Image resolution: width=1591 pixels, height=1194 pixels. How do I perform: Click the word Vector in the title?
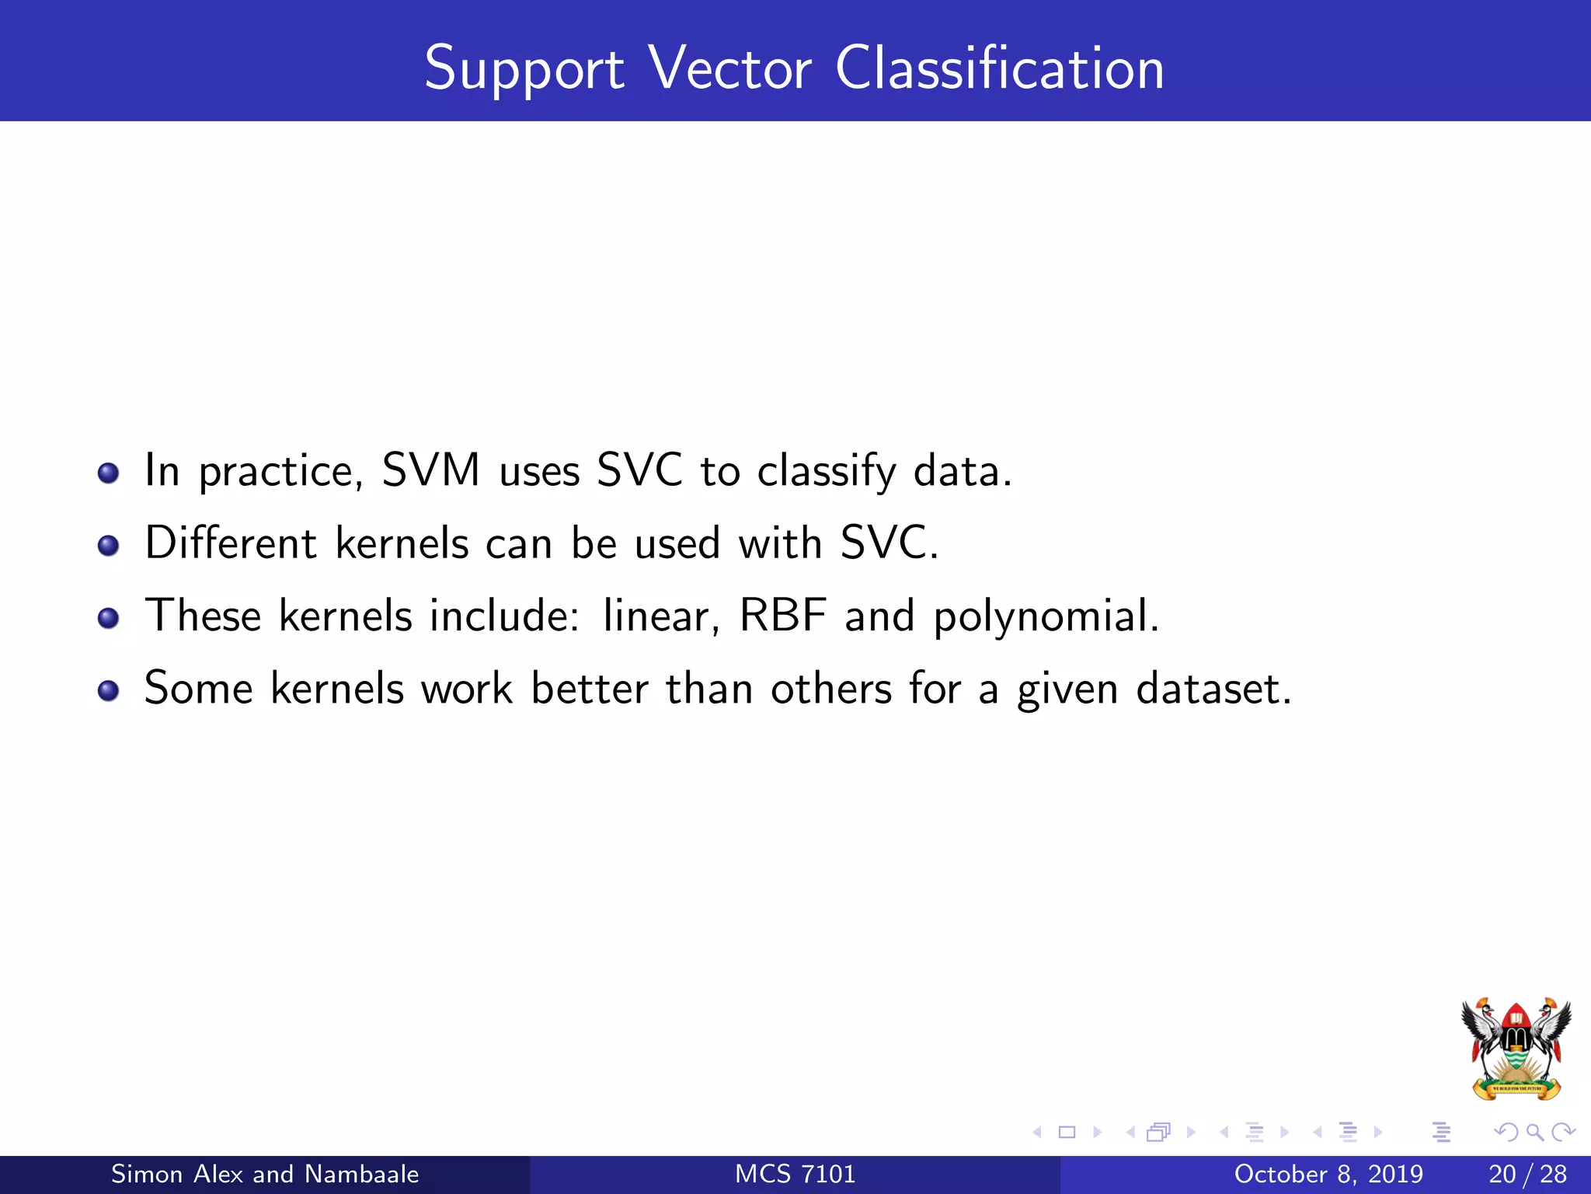coord(730,68)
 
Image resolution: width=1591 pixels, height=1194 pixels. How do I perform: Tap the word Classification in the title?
coord(1000,68)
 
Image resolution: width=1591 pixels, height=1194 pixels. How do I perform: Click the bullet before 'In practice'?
coord(108,473)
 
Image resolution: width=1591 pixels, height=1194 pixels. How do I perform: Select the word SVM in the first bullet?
coord(431,470)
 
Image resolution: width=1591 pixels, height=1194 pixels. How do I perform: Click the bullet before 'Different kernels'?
coord(108,545)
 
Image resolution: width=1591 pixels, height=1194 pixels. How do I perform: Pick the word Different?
coord(231,543)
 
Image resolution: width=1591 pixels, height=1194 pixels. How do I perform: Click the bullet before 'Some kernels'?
coord(108,690)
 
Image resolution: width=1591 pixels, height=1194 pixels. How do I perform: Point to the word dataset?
coord(1213,689)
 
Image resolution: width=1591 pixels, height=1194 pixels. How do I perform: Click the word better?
coord(590,689)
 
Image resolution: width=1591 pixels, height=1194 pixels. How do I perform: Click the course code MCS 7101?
coord(795,1174)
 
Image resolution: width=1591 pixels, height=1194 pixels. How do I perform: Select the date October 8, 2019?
coord(1328,1174)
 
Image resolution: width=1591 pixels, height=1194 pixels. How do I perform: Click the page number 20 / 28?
coord(1527,1174)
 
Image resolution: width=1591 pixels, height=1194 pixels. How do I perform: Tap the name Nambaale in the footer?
coord(361,1174)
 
